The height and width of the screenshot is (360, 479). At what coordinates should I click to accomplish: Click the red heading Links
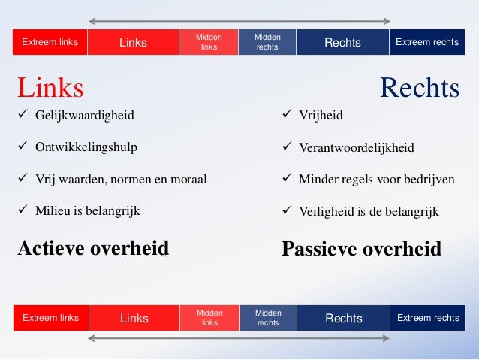pyautogui.click(x=50, y=88)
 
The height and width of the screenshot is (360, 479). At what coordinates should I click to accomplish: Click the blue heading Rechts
pyautogui.click(x=420, y=88)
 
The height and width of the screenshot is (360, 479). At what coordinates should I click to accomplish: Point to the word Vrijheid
pyautogui.click(x=321, y=116)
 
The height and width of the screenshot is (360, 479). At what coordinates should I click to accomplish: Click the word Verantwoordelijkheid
pyautogui.click(x=357, y=148)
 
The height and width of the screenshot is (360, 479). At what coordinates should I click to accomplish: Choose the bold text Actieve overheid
pyautogui.click(x=93, y=247)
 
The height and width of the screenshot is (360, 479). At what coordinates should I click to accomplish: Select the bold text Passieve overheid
pyautogui.click(x=361, y=249)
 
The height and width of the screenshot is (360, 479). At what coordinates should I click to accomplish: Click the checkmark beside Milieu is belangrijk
pyautogui.click(x=23, y=211)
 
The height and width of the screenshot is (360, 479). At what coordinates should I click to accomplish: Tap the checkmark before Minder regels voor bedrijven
pyautogui.click(x=286, y=180)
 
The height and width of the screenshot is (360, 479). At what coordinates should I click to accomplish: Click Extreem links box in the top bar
pyautogui.click(x=50, y=42)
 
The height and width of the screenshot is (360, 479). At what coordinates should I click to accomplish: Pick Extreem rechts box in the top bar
pyautogui.click(x=427, y=42)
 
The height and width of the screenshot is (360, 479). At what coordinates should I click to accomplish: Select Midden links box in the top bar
pyautogui.click(x=208, y=42)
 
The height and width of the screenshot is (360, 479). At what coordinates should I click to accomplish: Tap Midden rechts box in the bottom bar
pyautogui.click(x=268, y=318)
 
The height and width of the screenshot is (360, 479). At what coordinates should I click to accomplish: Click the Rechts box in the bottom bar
pyautogui.click(x=343, y=319)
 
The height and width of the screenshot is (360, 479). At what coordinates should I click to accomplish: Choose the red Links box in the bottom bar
pyautogui.click(x=134, y=319)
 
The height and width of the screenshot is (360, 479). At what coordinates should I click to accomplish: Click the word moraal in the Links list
pyautogui.click(x=188, y=180)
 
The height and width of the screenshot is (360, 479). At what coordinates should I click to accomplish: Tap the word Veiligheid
pyautogui.click(x=325, y=212)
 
